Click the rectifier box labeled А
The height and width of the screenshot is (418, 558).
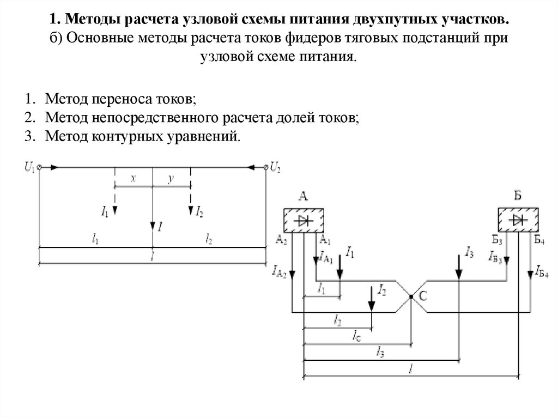[304, 220]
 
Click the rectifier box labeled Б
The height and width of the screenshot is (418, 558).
[517, 220]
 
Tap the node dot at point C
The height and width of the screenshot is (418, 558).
[412, 296]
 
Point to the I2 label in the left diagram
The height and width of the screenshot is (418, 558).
[199, 210]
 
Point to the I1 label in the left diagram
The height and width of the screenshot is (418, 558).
[105, 210]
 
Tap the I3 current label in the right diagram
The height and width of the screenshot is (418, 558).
[469, 251]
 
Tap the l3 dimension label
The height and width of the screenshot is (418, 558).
[380, 354]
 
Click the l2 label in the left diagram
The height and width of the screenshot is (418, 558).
[209, 239]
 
